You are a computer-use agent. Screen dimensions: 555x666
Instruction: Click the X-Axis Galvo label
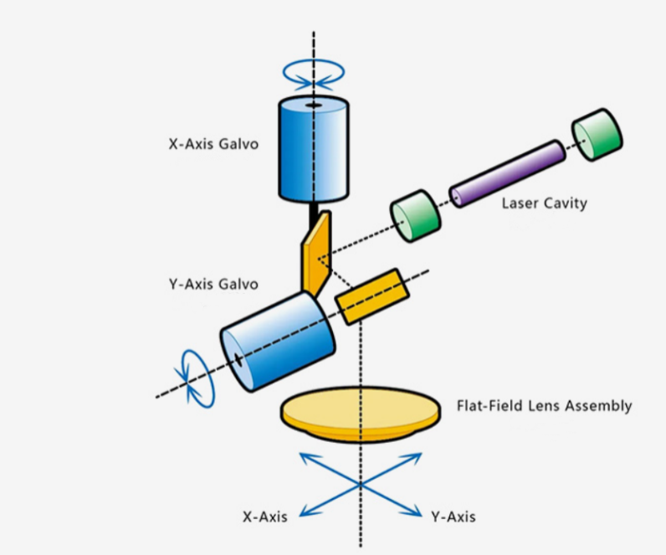213,143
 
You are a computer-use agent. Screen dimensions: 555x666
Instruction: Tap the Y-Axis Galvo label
213,284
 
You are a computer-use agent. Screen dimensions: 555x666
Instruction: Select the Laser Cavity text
544,203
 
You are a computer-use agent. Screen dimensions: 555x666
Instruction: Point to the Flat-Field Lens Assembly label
544,406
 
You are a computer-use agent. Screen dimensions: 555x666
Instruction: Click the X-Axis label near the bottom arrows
265,516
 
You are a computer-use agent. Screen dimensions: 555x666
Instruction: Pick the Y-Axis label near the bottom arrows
453,516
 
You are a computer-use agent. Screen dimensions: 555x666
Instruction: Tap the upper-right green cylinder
597,134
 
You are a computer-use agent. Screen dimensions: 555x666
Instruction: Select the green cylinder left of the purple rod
416,215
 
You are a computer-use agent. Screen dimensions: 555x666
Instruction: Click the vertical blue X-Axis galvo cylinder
313,151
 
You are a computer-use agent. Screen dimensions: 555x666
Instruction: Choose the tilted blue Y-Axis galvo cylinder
279,342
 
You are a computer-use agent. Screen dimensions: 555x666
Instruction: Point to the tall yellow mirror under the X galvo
317,252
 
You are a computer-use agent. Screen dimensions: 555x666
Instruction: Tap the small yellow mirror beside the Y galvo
371,296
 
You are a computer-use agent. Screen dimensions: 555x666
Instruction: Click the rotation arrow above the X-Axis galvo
313,75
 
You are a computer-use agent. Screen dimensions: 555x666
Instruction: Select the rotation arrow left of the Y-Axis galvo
194,377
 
